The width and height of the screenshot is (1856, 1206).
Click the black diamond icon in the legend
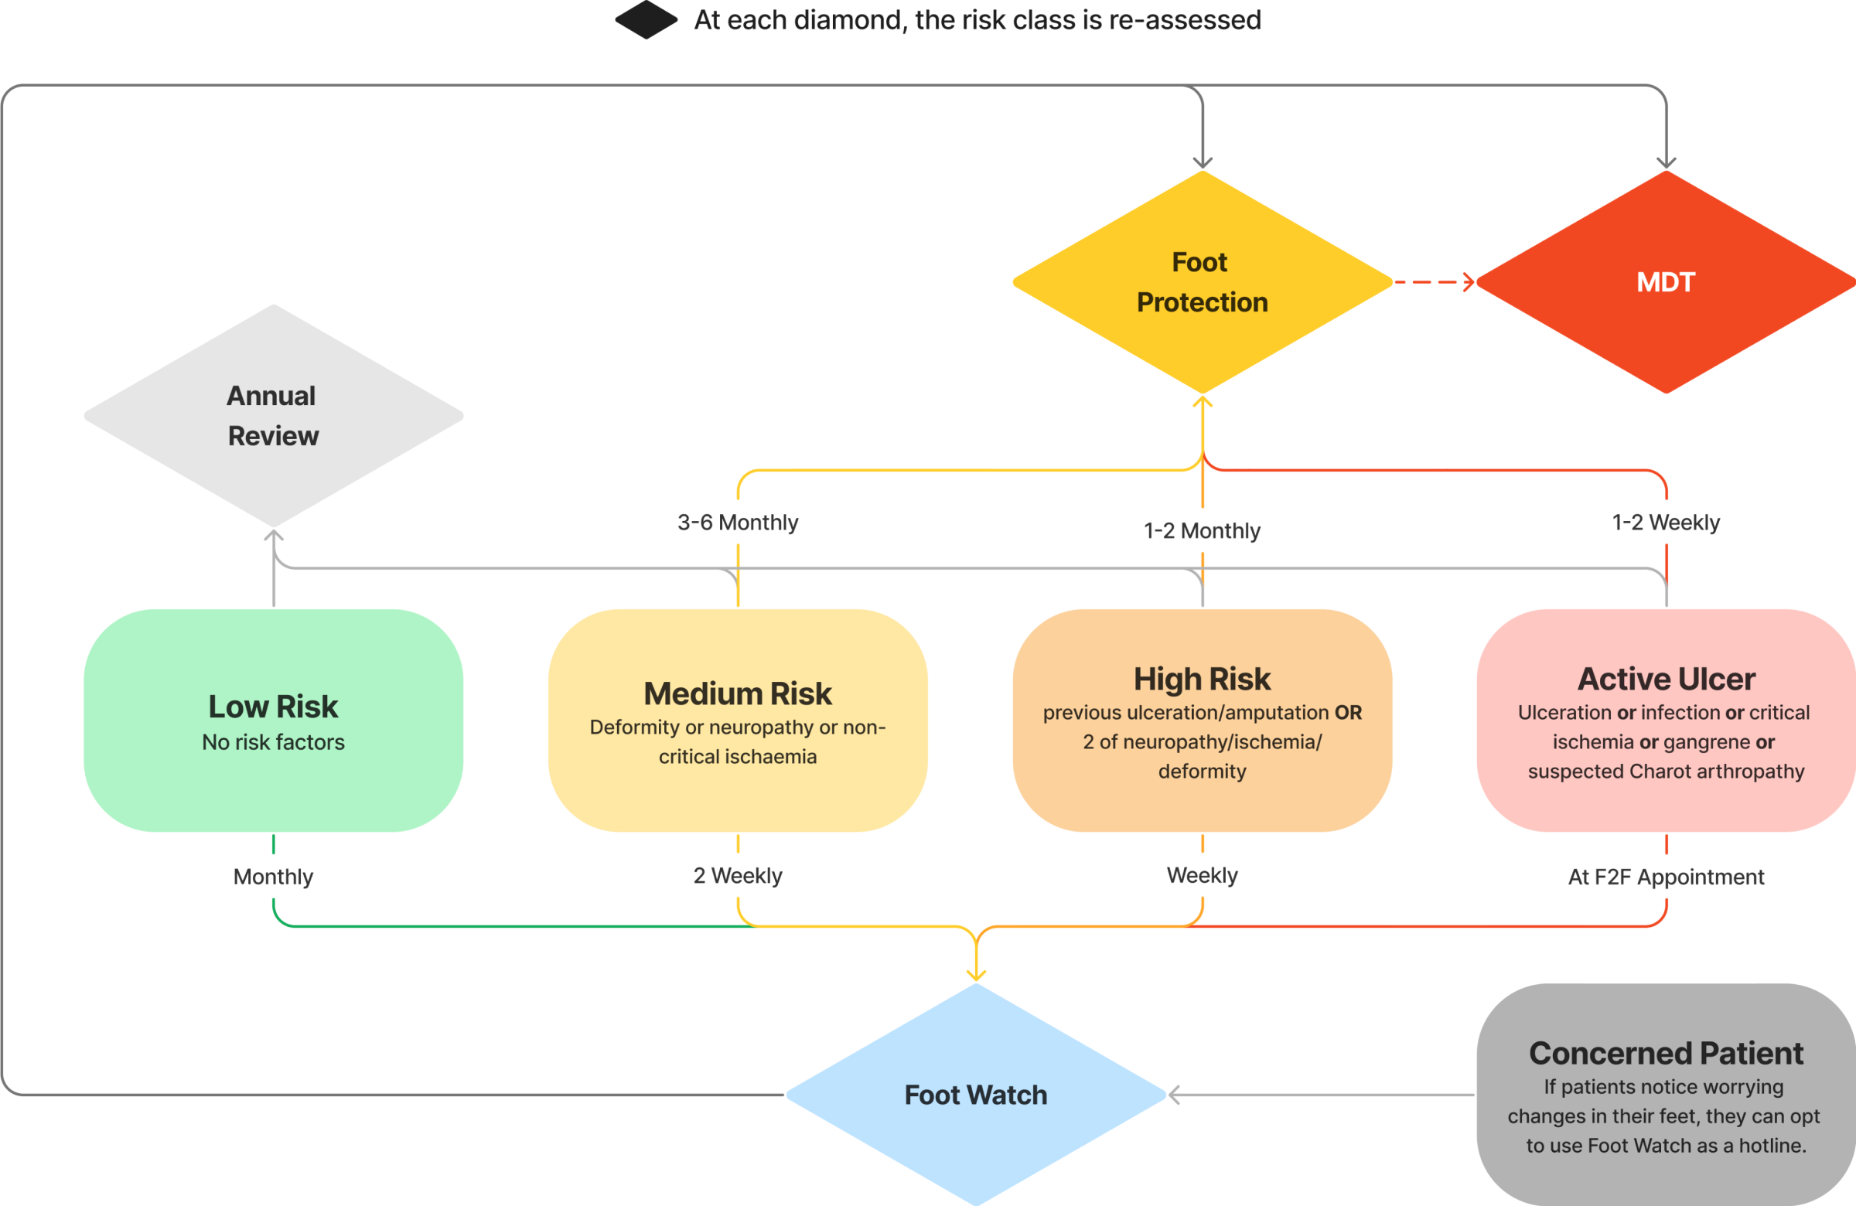pyautogui.click(x=646, y=20)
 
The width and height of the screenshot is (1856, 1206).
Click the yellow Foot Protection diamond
pyautogui.click(x=1202, y=282)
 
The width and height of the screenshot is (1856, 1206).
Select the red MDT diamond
pyautogui.click(x=1666, y=282)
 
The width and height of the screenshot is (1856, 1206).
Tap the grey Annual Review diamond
pyautogui.click(x=273, y=415)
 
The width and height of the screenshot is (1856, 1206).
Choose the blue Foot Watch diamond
pyautogui.click(x=976, y=1095)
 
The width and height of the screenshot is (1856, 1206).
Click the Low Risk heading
pyautogui.click(x=273, y=707)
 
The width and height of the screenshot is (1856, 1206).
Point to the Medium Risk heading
pyautogui.click(x=738, y=693)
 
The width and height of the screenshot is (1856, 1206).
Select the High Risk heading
pyautogui.click(x=1202, y=679)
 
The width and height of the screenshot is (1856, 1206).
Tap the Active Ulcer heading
pyautogui.click(x=1666, y=679)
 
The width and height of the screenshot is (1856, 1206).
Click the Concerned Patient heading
pyautogui.click(x=1666, y=1053)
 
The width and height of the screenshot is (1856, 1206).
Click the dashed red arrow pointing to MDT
pyautogui.click(x=1433, y=282)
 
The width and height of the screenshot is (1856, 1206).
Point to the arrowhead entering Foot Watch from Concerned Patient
pyautogui.click(x=1174, y=1095)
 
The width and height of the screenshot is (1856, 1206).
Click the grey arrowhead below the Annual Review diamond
pyautogui.click(x=273, y=536)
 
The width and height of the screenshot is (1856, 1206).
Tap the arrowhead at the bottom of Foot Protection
pyautogui.click(x=1202, y=402)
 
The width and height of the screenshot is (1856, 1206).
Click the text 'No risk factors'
pyautogui.click(x=273, y=742)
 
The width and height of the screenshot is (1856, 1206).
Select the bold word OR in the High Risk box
pyautogui.click(x=1348, y=713)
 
